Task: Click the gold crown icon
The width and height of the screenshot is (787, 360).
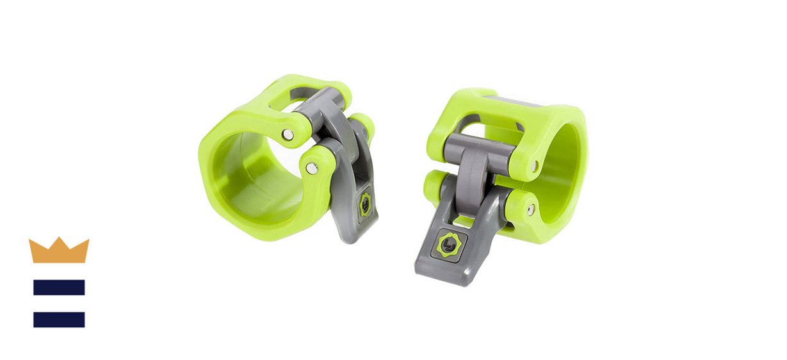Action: pyautogui.click(x=59, y=250)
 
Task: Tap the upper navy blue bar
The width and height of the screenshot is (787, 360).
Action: pyautogui.click(x=59, y=287)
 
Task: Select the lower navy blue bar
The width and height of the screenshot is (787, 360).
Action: pyautogui.click(x=59, y=319)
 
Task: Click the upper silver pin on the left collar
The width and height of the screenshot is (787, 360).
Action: pyautogui.click(x=289, y=134)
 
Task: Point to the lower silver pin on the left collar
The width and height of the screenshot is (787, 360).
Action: pyautogui.click(x=311, y=168)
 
